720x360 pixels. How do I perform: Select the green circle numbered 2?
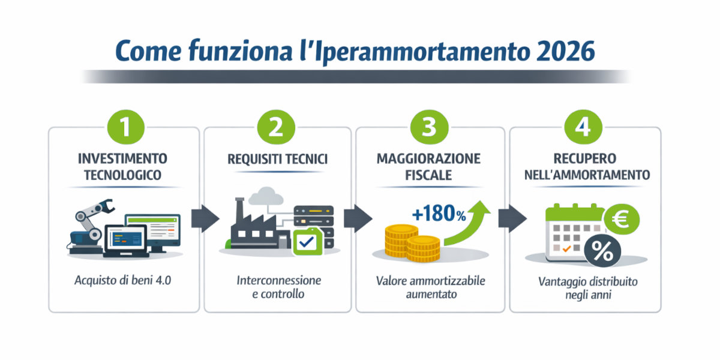(277, 128)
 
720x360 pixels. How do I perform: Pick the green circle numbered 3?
(430, 128)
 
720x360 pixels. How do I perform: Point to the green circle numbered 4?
(584, 128)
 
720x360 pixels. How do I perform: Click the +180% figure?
(439, 215)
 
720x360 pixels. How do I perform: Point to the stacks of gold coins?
(412, 242)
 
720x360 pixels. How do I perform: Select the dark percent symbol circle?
(602, 253)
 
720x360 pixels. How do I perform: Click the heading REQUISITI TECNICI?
(277, 160)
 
